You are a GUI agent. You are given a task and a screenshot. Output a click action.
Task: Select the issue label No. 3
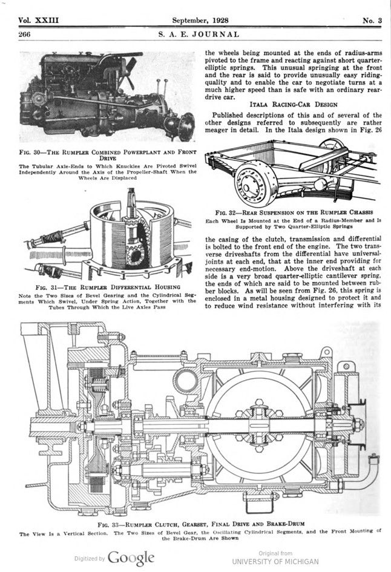(372, 21)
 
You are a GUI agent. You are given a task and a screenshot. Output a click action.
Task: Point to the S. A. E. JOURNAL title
(199, 35)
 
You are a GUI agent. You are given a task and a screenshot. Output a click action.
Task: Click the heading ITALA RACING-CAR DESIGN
(293, 104)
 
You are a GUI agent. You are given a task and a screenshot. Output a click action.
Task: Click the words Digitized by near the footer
(90, 558)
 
